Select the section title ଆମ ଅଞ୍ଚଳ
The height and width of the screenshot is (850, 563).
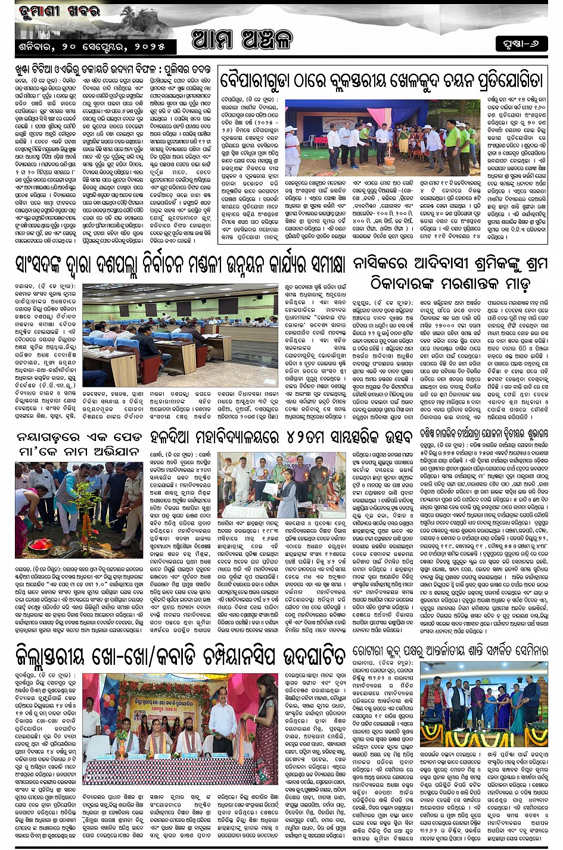pyautogui.click(x=242, y=39)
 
